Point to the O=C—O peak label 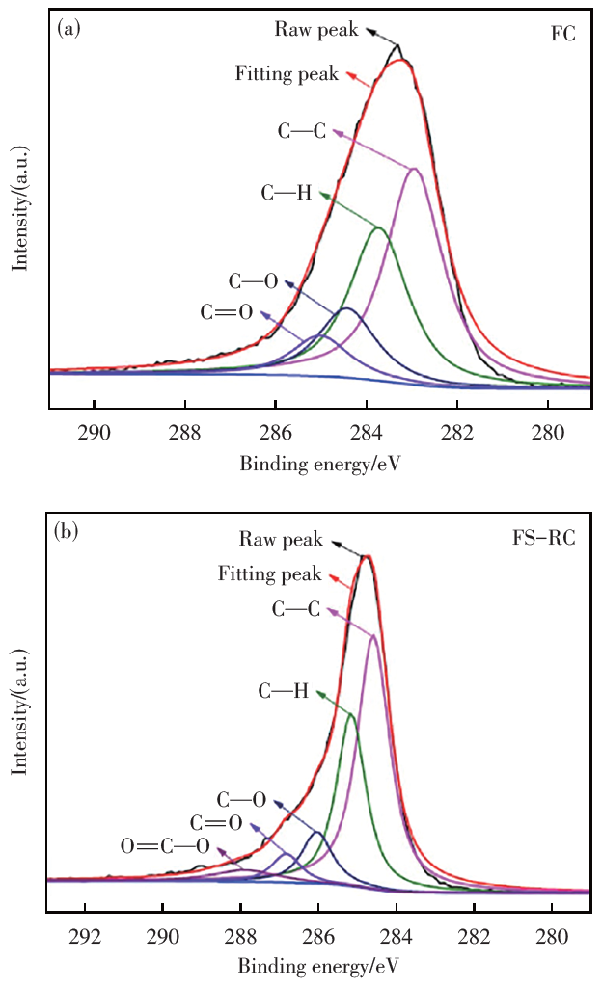(x=165, y=847)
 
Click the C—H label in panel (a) (x=287, y=193)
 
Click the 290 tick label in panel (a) (x=94, y=433)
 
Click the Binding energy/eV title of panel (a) (x=320, y=464)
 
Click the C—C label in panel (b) (x=296, y=609)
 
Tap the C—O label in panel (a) (x=254, y=281)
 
